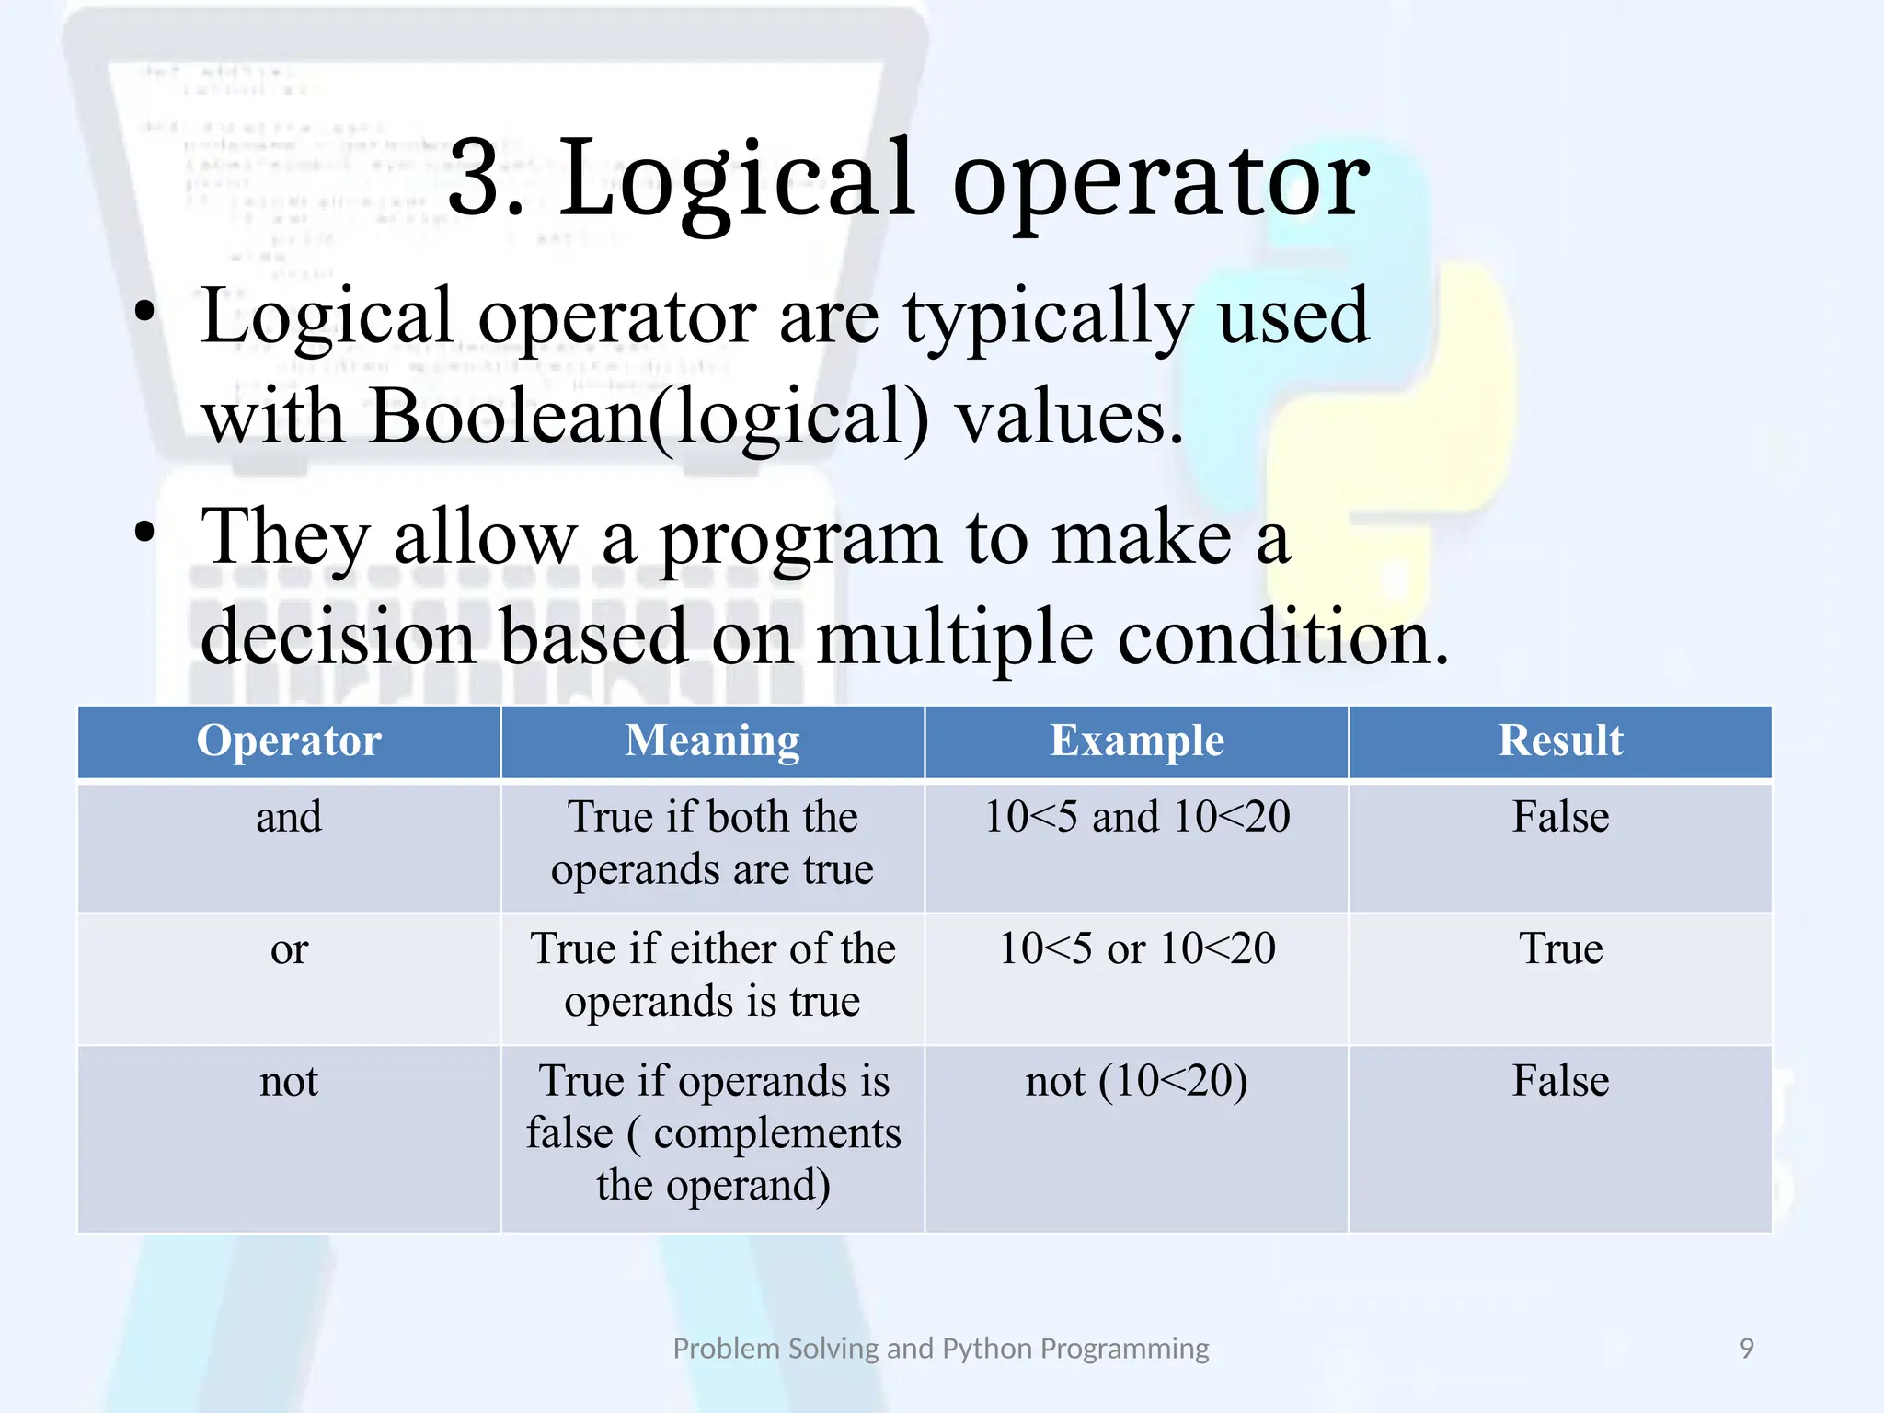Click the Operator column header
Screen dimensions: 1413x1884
[289, 741]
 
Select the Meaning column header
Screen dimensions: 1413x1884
[713, 741]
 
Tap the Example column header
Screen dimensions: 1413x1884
[1137, 741]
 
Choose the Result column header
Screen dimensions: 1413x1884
[1560, 741]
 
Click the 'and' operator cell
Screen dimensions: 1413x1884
[289, 817]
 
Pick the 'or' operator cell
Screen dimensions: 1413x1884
[289, 949]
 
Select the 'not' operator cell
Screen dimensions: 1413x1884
[289, 1081]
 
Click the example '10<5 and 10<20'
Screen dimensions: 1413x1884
[1137, 817]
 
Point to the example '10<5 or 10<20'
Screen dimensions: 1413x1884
[1137, 949]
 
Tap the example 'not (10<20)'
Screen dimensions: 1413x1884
[1137, 1081]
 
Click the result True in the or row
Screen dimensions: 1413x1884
[1560, 949]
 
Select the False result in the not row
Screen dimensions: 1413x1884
[1560, 1081]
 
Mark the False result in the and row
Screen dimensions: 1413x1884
[1560, 817]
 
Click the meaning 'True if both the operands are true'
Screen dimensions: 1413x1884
[713, 843]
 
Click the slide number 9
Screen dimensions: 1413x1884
[1746, 1349]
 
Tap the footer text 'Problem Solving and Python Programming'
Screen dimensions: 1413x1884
[941, 1349]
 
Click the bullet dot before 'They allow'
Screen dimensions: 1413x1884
[144, 533]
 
